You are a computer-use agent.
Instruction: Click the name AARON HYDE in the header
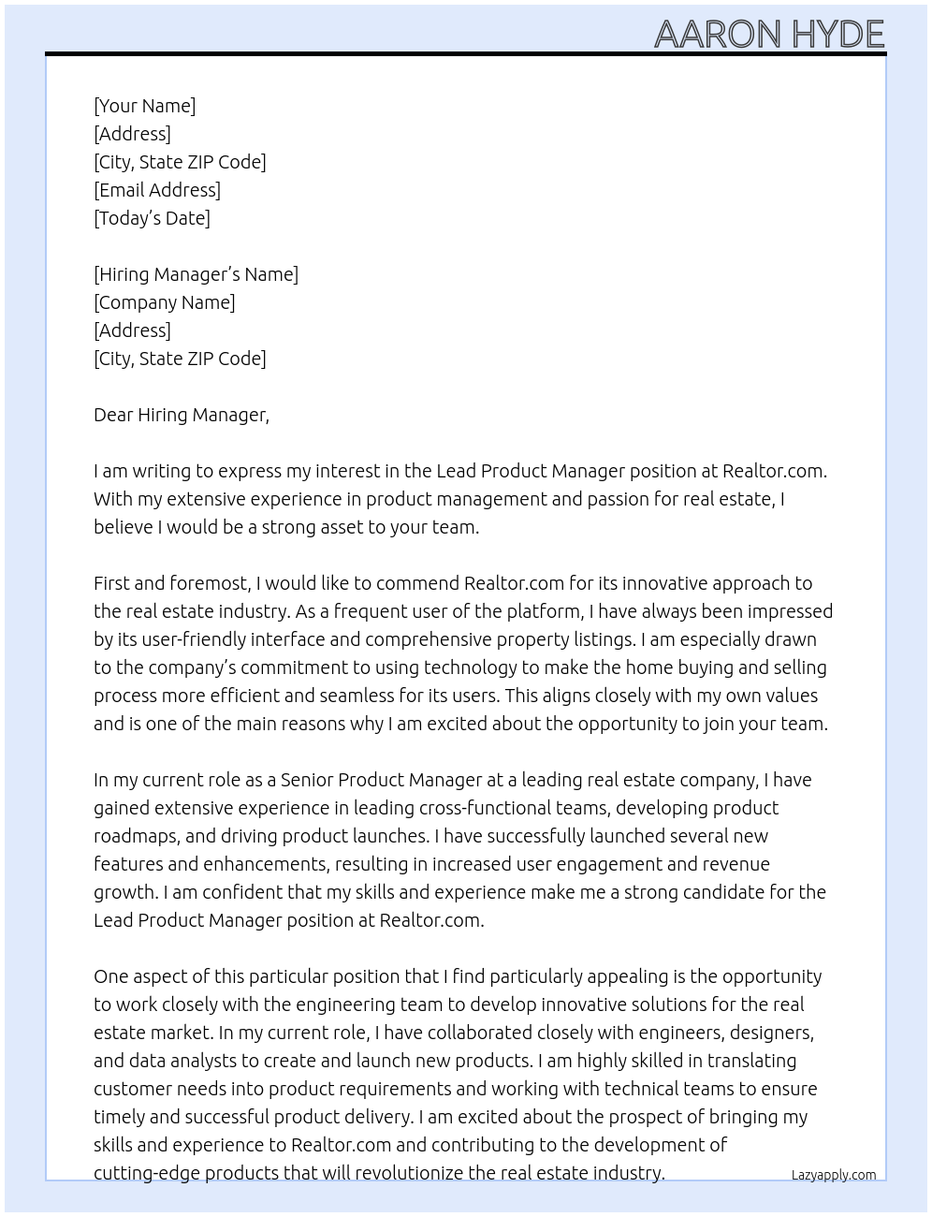click(x=768, y=34)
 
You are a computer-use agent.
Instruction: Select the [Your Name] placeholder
click(x=144, y=106)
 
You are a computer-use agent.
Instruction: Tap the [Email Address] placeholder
click(x=157, y=190)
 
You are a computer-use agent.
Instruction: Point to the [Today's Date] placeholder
click(x=152, y=218)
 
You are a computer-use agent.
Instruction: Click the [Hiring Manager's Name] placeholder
click(x=196, y=274)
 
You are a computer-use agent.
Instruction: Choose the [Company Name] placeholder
click(x=165, y=302)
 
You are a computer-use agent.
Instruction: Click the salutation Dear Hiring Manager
click(x=181, y=415)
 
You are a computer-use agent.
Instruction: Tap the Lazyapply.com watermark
click(x=833, y=1175)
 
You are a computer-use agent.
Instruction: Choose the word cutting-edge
click(x=146, y=1173)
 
